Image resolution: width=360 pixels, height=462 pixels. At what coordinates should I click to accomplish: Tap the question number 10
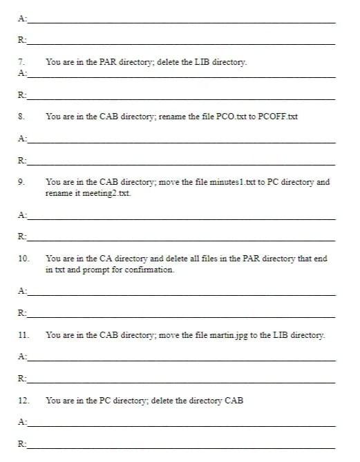[x=23, y=259]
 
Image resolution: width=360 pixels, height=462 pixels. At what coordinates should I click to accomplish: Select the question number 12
[x=23, y=400]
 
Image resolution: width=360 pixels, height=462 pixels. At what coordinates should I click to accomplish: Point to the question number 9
[x=21, y=182]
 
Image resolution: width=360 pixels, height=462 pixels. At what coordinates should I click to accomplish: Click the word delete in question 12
[x=162, y=400]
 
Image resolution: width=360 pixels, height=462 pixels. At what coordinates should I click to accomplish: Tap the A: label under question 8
[x=23, y=139]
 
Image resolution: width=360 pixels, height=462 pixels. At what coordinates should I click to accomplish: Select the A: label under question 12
[x=23, y=422]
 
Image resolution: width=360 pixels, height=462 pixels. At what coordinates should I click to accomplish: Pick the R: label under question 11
[x=23, y=378]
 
